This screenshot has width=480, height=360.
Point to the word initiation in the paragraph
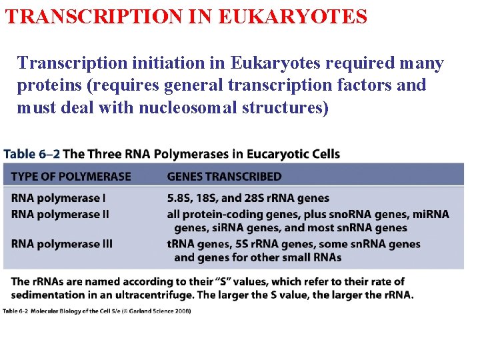pos(145,63)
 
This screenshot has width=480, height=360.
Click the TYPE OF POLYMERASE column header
pos(71,177)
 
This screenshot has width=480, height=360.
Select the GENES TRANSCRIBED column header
pos(224,177)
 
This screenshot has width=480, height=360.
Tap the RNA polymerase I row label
pos(59,199)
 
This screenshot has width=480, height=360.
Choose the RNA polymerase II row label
pos(60,214)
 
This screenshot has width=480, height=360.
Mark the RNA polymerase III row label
pos(62,244)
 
